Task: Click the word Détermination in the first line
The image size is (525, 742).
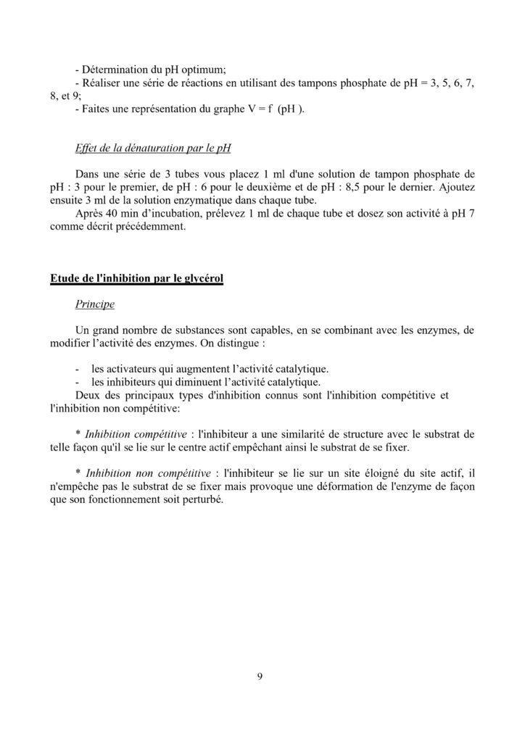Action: tap(117, 70)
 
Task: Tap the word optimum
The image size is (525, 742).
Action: tap(204, 70)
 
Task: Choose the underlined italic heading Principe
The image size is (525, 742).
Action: tap(94, 304)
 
